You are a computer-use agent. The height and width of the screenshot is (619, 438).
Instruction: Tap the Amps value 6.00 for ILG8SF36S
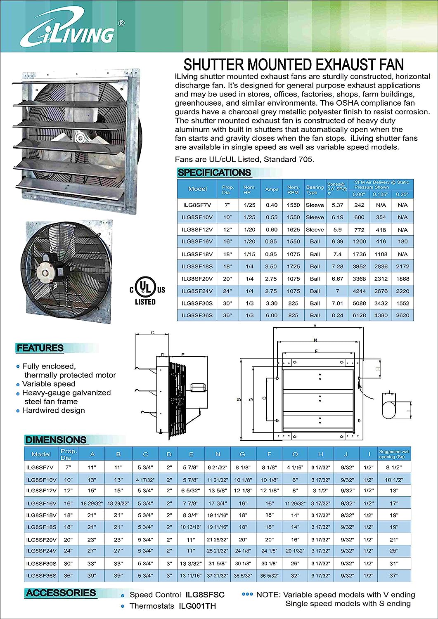click(272, 315)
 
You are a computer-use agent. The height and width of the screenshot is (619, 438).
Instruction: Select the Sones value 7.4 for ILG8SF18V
click(337, 254)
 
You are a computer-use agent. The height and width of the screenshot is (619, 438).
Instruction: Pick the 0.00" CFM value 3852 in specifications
click(359, 267)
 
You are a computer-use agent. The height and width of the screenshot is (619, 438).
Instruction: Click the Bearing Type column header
click(315, 189)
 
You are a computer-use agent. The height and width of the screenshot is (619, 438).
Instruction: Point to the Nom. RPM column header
click(293, 189)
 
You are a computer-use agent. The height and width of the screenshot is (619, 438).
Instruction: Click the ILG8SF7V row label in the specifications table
click(197, 205)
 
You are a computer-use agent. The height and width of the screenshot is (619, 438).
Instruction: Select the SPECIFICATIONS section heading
click(214, 172)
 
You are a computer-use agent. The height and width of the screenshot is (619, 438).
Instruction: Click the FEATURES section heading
click(40, 348)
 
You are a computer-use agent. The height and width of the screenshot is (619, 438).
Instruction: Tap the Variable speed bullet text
click(49, 384)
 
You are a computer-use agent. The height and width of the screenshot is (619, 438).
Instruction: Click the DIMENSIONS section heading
click(56, 440)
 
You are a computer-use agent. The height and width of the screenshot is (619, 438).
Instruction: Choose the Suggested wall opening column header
click(394, 454)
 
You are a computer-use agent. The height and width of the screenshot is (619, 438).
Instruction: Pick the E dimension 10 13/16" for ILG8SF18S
click(191, 527)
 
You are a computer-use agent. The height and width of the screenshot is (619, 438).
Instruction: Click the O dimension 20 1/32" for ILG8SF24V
click(295, 551)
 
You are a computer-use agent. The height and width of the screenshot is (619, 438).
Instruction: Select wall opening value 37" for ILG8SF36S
click(394, 575)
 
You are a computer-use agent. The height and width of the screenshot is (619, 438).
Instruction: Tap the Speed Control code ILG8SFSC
click(205, 595)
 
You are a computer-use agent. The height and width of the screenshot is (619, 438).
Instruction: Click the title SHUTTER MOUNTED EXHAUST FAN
click(294, 65)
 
